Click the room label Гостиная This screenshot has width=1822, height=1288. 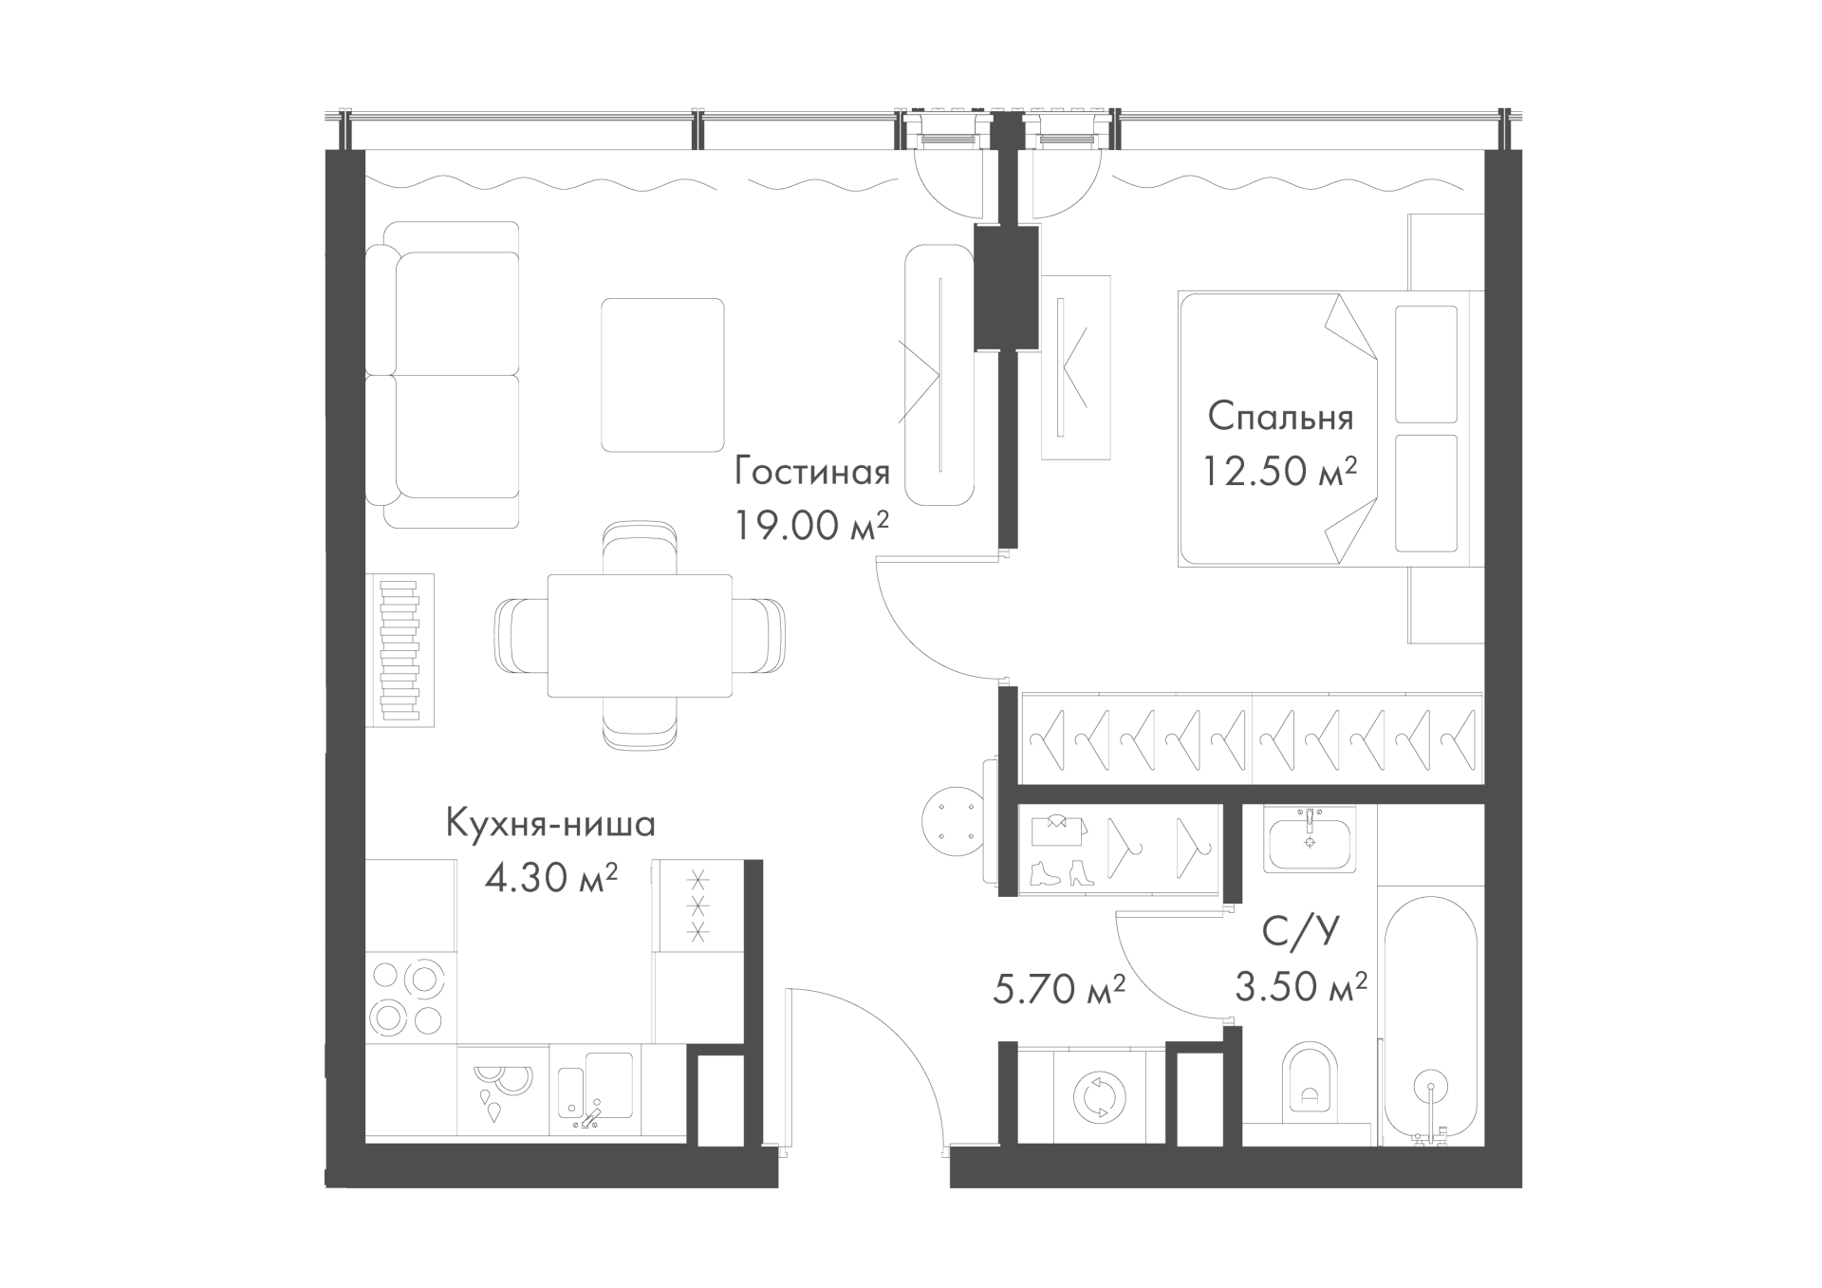[813, 473]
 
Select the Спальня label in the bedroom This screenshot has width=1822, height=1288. [1280, 417]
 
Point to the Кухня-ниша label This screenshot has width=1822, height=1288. [550, 824]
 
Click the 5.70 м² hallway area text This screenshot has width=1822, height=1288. [1059, 990]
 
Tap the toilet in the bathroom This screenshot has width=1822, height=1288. [1311, 1081]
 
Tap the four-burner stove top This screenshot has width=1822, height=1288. [409, 999]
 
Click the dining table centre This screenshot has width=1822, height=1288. [640, 636]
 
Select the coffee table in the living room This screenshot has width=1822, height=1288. [662, 375]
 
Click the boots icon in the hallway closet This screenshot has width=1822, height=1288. [1061, 873]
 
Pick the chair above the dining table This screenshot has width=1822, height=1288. [641, 548]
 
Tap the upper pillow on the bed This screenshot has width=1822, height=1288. [1426, 364]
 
